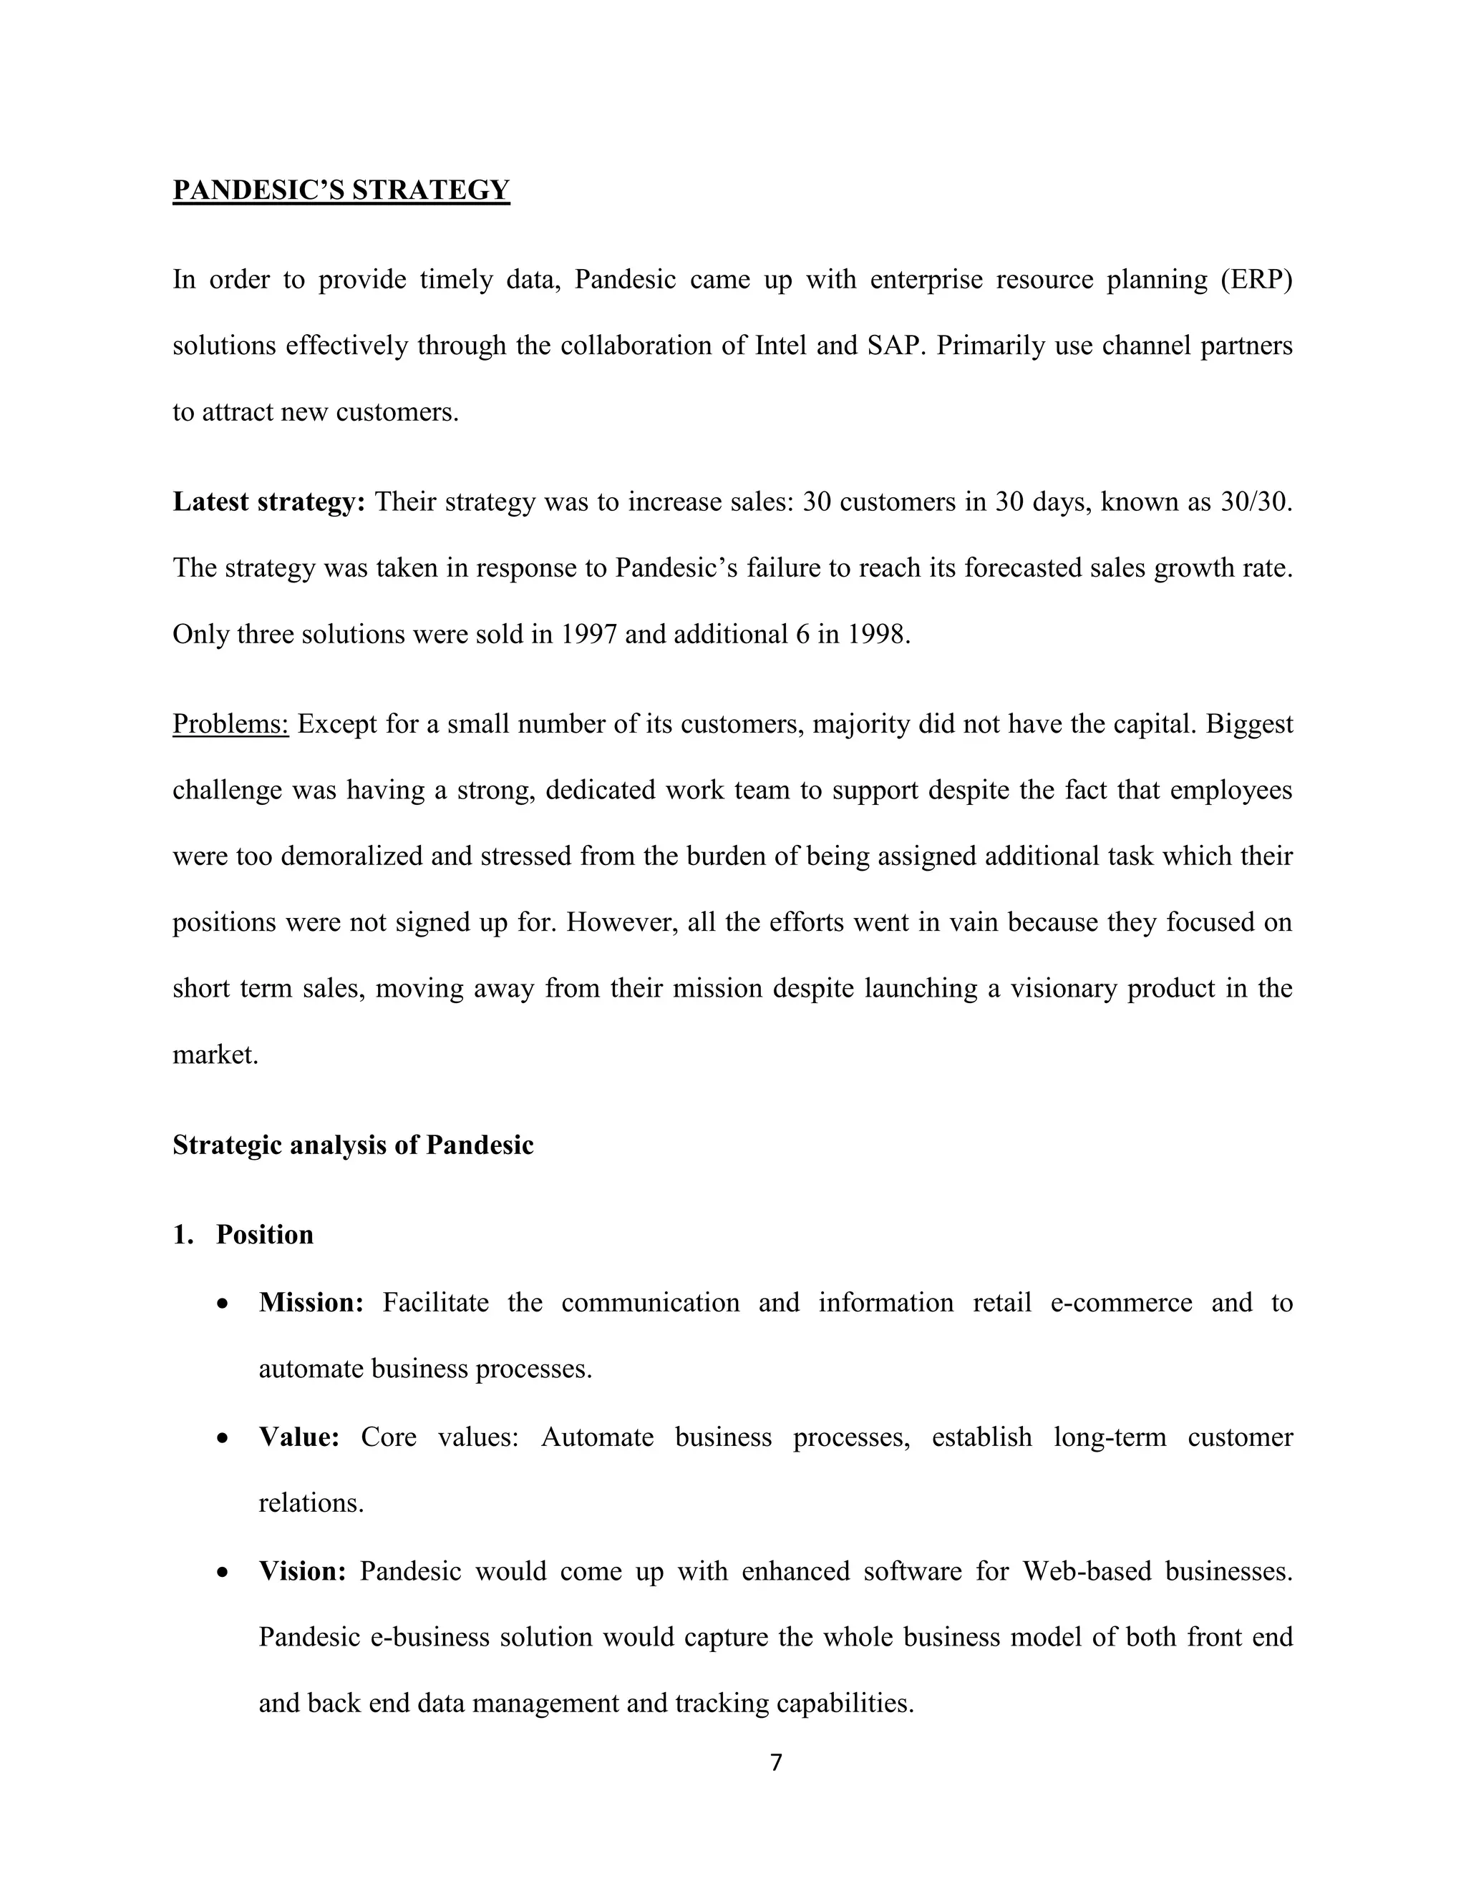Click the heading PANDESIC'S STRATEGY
coord(341,190)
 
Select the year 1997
coord(588,635)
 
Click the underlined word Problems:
coord(230,724)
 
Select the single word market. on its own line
coord(215,1055)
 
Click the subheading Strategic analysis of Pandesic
coord(353,1145)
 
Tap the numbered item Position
coord(264,1234)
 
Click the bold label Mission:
coord(311,1303)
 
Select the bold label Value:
coord(298,1437)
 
